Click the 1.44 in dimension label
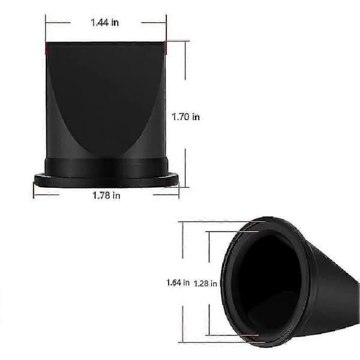point(104,23)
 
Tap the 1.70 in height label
point(186,117)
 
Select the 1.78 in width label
point(106,196)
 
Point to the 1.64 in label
point(178,283)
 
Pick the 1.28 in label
point(205,284)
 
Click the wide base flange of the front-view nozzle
point(106,180)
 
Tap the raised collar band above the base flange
point(106,167)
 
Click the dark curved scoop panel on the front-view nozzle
point(106,97)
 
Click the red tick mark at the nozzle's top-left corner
point(46,49)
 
